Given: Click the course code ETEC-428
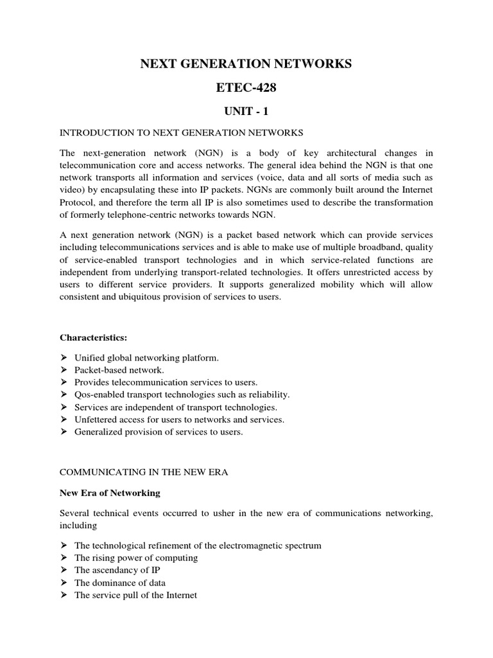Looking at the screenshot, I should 246,87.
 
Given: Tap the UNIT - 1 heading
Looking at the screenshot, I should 246,111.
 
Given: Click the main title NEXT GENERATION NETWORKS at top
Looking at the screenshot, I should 246,64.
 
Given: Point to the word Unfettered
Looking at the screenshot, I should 95,420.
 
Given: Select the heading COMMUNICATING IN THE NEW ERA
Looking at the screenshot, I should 144,472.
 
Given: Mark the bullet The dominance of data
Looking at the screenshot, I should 119,583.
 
